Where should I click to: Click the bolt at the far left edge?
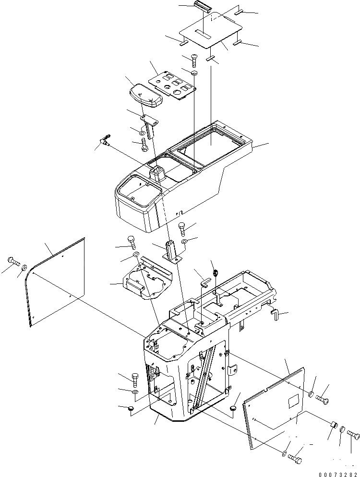12,261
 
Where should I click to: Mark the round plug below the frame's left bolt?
129,408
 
